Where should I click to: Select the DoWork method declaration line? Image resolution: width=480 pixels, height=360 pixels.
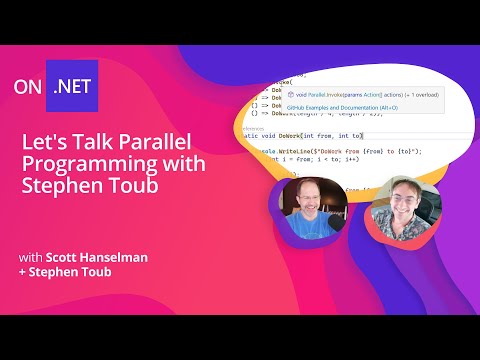pos(310,135)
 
